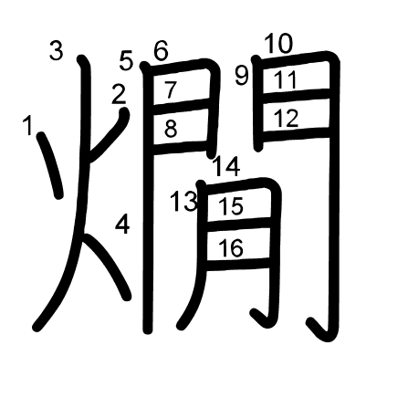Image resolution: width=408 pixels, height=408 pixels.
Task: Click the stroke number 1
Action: coord(28,125)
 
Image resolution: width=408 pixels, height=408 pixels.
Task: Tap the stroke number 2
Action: coord(119,94)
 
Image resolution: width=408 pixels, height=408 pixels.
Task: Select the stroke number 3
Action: coord(57,51)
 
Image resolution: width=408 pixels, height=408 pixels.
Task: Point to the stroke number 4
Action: coord(122,224)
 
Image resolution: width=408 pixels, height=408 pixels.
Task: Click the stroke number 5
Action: coord(126,60)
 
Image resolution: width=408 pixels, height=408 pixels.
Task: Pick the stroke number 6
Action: coord(161,50)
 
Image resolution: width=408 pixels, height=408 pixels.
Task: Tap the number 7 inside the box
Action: coord(171,89)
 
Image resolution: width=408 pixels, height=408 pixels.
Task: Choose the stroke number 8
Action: coord(171,129)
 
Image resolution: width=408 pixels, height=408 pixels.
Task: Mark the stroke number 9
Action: coord(242,76)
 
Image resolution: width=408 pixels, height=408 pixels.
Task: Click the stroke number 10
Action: coord(278,44)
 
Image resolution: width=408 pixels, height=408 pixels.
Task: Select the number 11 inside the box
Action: coord(285,79)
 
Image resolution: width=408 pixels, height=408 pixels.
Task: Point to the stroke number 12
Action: coord(286,118)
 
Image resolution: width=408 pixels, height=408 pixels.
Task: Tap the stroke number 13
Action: coord(184,202)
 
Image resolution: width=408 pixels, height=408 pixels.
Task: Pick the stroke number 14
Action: coord(226,166)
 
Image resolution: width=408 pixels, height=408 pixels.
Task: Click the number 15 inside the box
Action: coord(231,206)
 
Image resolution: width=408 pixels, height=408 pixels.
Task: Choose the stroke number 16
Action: coord(231,247)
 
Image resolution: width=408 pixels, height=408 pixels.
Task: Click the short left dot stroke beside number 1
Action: coord(51,165)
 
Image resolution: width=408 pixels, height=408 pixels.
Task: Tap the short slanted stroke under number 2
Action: coord(109,134)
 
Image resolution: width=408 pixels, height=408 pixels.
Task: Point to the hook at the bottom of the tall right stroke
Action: coord(323,331)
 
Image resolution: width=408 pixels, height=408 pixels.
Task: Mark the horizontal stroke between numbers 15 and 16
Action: coord(238,225)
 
